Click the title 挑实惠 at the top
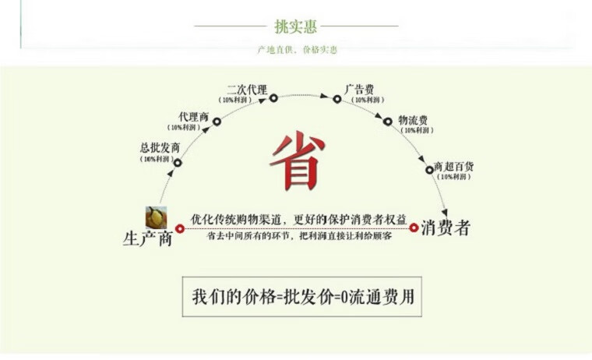(295, 27)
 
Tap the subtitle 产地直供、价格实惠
(298, 50)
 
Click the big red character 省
(297, 161)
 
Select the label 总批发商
(160, 147)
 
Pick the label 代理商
(193, 116)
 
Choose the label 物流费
(413, 120)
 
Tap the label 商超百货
(454, 167)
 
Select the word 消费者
(446, 228)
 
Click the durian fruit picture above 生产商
(156, 217)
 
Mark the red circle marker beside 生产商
(180, 229)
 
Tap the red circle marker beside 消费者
(414, 228)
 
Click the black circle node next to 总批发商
(178, 163)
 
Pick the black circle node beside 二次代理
(273, 98)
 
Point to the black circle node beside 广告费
(337, 99)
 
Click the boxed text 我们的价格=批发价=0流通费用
(301, 297)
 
